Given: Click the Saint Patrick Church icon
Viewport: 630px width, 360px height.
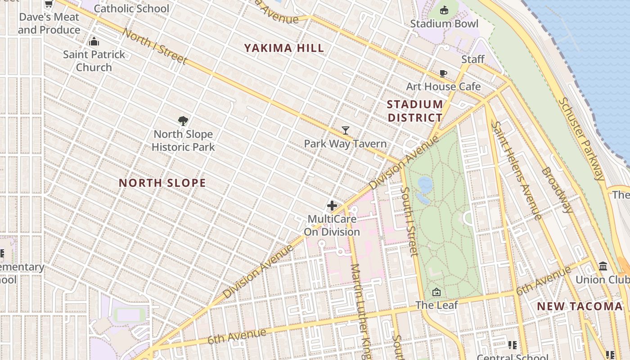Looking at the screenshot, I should pos(94,42).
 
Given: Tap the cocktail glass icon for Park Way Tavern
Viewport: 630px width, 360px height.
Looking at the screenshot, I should pos(345,130).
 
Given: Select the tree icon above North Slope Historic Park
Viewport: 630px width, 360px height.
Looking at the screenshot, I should pos(183,121).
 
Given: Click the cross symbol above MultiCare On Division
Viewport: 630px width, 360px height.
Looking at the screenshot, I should pos(332,206).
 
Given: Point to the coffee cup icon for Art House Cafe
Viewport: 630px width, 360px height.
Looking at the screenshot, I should pos(443,73).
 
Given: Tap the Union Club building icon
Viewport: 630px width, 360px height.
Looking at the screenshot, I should pos(603,266).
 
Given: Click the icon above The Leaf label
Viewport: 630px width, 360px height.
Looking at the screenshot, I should pos(436,292).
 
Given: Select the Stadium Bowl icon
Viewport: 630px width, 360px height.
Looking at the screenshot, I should pos(444,10).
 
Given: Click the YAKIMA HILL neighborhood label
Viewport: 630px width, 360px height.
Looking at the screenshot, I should pos(284,48).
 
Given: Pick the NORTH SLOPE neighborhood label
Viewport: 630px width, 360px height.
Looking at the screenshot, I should pos(162,183).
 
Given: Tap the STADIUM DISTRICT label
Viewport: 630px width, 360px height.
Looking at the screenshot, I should pos(415,111).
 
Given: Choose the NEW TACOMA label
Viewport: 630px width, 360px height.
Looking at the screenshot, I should pos(580,306).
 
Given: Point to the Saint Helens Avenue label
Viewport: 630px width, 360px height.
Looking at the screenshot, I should pos(517,170).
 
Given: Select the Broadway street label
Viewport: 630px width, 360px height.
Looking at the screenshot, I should pos(557,190).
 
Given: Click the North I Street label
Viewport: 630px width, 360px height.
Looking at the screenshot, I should pos(154,46).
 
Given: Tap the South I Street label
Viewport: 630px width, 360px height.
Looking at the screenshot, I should pos(409,221).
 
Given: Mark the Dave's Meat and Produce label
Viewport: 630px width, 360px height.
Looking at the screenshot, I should pos(49,23).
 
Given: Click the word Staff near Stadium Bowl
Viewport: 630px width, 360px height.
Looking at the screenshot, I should pos(473,59).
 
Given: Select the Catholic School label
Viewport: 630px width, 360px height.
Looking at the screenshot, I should pos(131,8).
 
